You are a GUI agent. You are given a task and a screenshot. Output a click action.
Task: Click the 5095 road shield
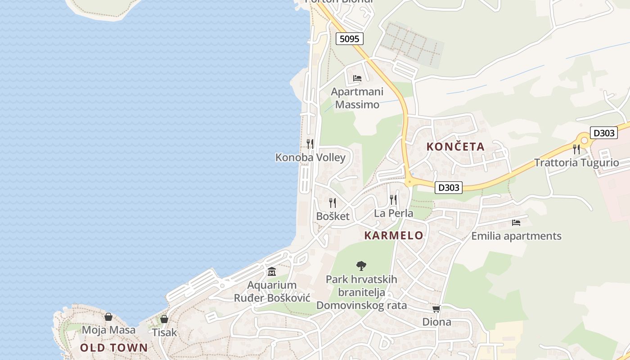pos(349,39)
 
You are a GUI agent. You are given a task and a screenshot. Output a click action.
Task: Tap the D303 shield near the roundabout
pos(603,133)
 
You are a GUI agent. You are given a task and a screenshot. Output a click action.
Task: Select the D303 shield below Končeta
pos(449,187)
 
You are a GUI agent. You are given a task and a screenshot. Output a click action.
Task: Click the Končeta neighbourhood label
pos(455,146)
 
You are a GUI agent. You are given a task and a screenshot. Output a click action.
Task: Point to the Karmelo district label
pos(394,235)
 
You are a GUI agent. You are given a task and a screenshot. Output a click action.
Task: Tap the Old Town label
pos(114,347)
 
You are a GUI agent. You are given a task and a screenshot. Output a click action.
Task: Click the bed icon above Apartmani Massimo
pos(357,78)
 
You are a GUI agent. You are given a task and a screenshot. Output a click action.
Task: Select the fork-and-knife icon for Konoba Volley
pos(310,144)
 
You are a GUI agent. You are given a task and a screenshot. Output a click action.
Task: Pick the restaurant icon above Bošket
pos(333,202)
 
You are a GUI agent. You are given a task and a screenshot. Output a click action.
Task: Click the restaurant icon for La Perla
pos(393,199)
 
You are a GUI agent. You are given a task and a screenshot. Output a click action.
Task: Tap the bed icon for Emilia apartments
pos(516,222)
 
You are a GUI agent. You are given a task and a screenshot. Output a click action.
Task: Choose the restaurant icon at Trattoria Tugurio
pos(576,149)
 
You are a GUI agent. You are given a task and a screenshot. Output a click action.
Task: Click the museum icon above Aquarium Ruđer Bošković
pos(272,272)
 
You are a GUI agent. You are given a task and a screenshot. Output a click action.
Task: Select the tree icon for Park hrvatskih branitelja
pos(361,265)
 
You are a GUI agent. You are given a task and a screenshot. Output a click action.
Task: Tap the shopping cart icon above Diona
pos(436,309)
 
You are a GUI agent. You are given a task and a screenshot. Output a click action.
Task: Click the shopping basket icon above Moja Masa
pos(108,317)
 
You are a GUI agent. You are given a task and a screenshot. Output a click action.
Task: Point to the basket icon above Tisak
pos(164,319)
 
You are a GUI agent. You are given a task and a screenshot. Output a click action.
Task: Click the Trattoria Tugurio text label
pos(576,162)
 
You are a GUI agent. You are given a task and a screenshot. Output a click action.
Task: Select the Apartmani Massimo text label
pos(357,98)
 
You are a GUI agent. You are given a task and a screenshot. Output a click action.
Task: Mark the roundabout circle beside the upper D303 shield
pos(585,140)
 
